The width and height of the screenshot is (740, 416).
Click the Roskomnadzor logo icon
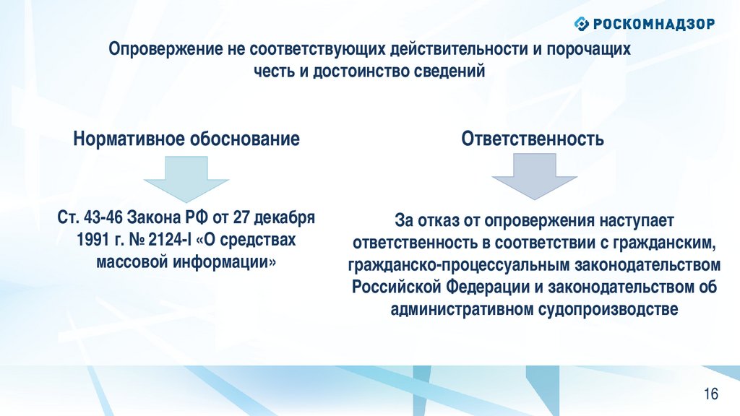tap(582, 23)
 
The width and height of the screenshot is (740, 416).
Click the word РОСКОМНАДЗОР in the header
tap(654, 24)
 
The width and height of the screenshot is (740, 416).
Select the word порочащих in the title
tap(588, 50)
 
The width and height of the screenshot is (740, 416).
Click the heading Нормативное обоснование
tap(186, 139)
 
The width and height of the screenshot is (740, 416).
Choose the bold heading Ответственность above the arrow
tap(533, 139)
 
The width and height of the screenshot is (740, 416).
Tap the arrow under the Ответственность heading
tap(534, 176)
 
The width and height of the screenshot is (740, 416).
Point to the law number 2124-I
tap(170, 240)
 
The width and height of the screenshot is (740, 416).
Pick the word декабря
tap(284, 218)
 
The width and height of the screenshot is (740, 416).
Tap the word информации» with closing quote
tap(224, 262)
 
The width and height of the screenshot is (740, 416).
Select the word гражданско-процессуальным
tap(459, 265)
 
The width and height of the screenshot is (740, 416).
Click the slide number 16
tap(711, 394)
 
